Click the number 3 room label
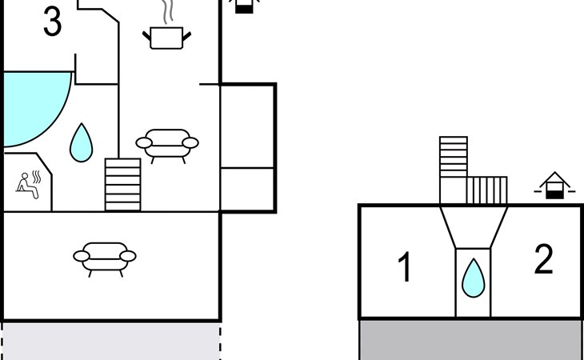[53, 22]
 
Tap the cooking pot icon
[166, 38]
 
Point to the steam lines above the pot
[168, 12]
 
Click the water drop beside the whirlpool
[81, 143]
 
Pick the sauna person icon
[29, 185]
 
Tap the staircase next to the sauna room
[123, 185]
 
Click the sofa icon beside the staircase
[167, 146]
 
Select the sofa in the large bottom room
[105, 259]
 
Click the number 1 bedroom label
[405, 266]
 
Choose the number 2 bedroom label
[543, 259]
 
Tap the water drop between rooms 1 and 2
[474, 278]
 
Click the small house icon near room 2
[554, 186]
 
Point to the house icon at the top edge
[244, 6]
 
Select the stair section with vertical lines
[486, 190]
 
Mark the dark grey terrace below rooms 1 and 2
[471, 340]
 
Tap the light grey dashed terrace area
[112, 342]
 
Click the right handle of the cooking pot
[186, 37]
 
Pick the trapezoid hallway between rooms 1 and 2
[474, 227]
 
